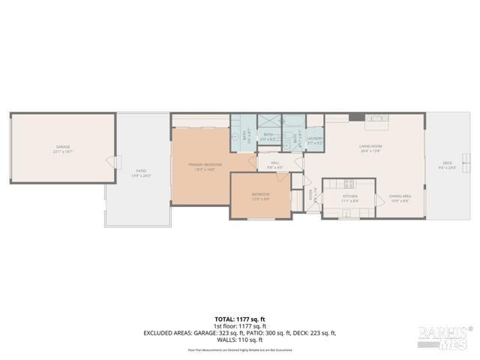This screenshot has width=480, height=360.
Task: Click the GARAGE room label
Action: pos(62,147)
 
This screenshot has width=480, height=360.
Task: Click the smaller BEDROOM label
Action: pos(260,193)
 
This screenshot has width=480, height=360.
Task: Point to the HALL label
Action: pos(274,162)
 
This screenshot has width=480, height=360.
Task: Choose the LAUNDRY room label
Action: pos(314,138)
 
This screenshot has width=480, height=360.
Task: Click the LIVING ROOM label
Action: pos(370,146)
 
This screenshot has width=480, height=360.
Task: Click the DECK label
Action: pos(447,163)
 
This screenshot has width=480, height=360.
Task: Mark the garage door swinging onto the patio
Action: pos(112,161)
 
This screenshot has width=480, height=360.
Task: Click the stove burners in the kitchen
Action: pos(349,183)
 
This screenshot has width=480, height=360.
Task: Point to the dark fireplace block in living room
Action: pos(358,117)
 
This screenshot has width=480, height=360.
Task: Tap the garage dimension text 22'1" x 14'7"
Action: pos(62,151)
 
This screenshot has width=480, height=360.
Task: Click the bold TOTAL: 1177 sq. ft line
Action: pos(239,319)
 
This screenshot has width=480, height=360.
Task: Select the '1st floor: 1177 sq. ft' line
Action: pos(239,326)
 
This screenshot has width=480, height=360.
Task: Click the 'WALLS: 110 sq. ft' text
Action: pos(239,340)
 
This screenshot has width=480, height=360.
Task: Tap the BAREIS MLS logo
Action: pos(445,337)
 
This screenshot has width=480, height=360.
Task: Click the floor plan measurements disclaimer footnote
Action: pos(239,349)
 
